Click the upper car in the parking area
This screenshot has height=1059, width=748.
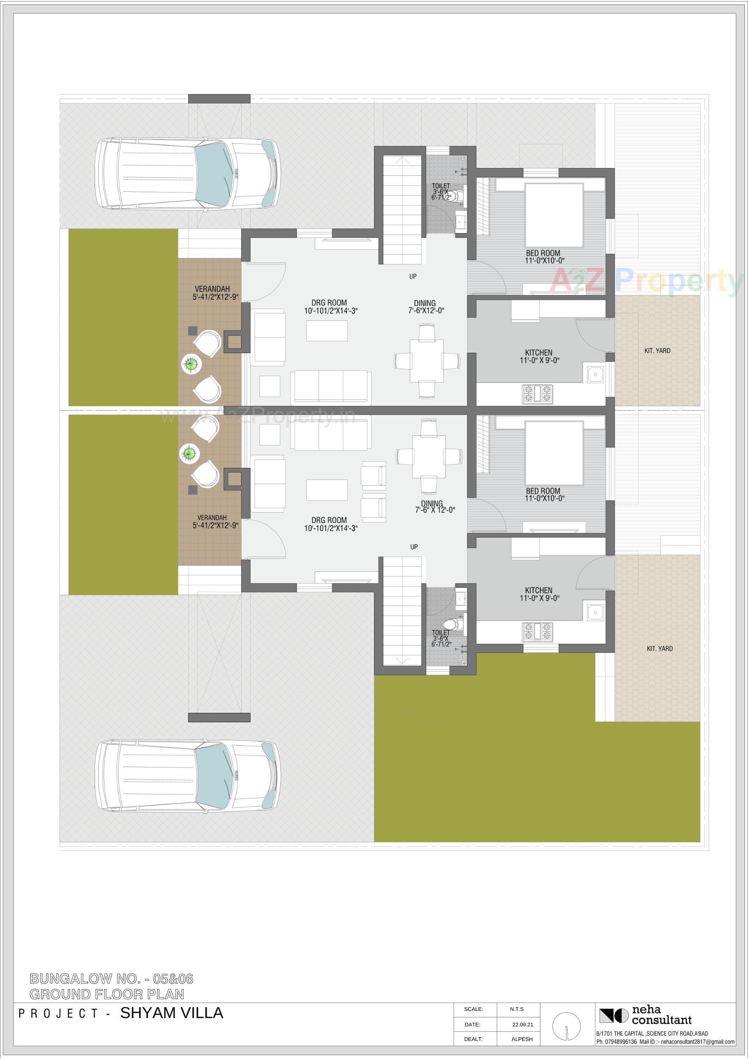[188, 174]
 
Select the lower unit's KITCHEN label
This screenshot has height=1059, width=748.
[538, 594]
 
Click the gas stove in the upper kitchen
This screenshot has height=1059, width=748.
[537, 394]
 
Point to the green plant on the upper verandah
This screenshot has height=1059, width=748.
[191, 364]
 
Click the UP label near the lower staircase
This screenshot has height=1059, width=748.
[414, 547]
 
